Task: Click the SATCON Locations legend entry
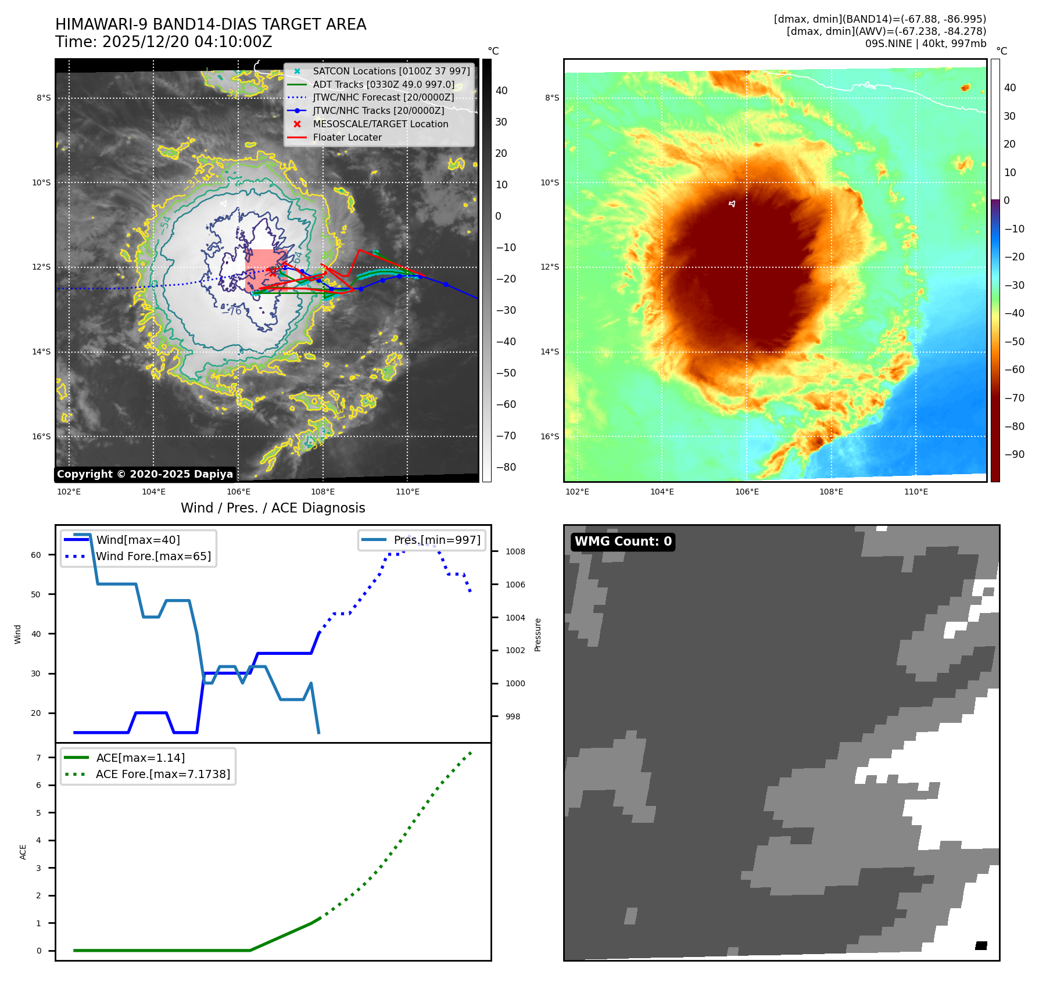click(390, 71)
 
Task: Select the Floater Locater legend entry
click(347, 137)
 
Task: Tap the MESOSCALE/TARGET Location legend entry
click(380, 124)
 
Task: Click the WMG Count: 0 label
click(623, 542)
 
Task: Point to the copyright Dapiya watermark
click(145, 474)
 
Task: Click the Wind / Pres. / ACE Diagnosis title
click(273, 508)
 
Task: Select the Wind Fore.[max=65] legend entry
click(153, 556)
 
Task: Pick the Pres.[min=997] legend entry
click(436, 540)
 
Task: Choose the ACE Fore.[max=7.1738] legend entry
click(163, 774)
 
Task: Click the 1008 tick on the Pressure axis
click(515, 551)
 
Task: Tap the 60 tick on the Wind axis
click(36, 555)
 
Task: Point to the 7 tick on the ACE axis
click(39, 758)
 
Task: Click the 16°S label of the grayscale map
click(41, 436)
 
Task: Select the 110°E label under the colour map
click(916, 492)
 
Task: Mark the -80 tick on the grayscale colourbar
click(506, 467)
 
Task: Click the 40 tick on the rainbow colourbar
click(1010, 88)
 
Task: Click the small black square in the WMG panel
click(981, 945)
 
